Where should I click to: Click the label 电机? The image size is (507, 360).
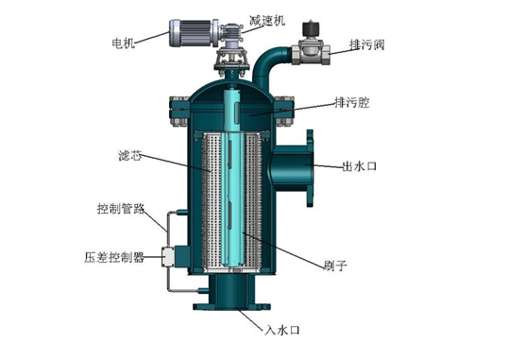click(x=123, y=43)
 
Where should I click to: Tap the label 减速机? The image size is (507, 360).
click(x=267, y=21)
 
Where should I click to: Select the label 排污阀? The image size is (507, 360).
click(x=367, y=44)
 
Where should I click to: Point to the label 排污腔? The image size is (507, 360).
click(x=352, y=103)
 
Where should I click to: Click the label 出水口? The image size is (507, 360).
click(x=360, y=166)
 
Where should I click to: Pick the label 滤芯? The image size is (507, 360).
click(x=130, y=156)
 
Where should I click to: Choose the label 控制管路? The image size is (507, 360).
click(x=121, y=209)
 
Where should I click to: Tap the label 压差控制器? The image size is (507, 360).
click(x=114, y=257)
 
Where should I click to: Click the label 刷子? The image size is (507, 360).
click(x=335, y=266)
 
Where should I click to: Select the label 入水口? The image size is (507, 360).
click(x=282, y=330)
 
